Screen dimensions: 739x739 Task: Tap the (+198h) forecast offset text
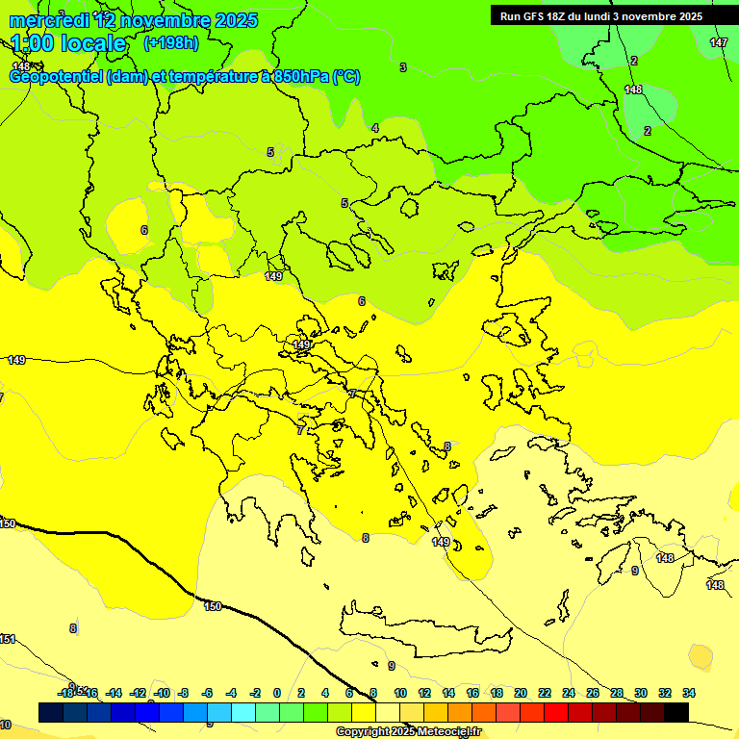point(170,43)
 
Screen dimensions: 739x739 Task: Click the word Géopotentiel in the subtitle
point(55,77)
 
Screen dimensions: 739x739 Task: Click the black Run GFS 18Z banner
point(601,15)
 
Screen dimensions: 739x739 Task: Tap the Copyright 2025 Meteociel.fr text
point(408,731)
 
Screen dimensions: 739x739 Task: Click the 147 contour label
point(718,43)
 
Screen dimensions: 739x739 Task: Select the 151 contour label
point(8,639)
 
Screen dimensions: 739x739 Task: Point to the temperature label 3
point(403,67)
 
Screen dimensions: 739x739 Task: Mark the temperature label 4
point(374,128)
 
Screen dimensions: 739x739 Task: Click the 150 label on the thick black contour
point(213,606)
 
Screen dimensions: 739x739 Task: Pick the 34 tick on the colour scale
point(688,693)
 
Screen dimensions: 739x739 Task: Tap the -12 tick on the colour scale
point(138,693)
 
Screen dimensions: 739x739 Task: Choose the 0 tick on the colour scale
point(277,693)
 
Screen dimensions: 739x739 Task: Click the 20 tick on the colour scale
point(520,693)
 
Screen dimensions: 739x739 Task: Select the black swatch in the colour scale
point(675,712)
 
